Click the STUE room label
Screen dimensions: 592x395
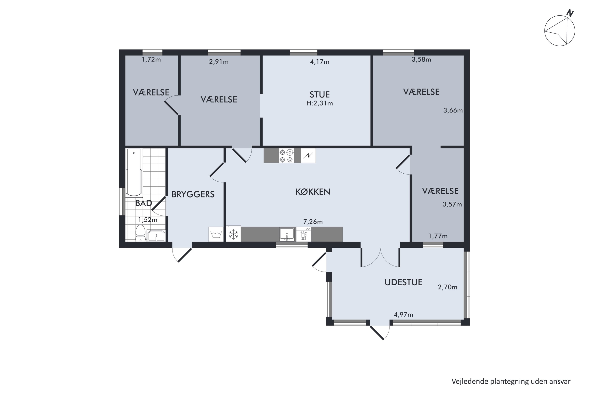click(319, 94)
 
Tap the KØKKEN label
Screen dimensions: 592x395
click(313, 192)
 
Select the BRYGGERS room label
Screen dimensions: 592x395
click(193, 194)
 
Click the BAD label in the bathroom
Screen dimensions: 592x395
click(143, 203)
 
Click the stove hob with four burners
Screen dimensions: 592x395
click(286, 155)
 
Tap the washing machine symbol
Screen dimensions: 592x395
click(216, 234)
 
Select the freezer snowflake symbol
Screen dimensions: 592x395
click(233, 234)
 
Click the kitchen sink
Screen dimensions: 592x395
click(287, 234)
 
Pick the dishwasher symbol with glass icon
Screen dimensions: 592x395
click(303, 234)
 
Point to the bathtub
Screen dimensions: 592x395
click(134, 173)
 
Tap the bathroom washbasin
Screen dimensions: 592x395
click(156, 236)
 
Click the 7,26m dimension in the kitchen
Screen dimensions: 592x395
click(313, 222)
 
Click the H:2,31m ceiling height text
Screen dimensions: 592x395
click(320, 103)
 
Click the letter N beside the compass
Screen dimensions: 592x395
click(570, 13)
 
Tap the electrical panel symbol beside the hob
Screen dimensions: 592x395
click(308, 156)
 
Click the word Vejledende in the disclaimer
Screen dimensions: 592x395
click(470, 382)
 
